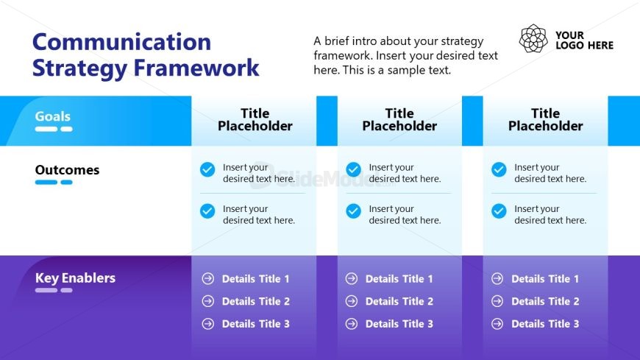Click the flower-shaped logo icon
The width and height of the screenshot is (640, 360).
tap(533, 38)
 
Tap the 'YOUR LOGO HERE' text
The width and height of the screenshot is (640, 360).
tap(584, 40)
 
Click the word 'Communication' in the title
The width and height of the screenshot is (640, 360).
tap(121, 42)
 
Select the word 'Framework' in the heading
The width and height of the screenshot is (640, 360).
tap(196, 68)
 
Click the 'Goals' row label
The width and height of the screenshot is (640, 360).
tap(53, 116)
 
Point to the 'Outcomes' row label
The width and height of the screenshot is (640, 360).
tap(67, 170)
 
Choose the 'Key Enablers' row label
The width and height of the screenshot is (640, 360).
tap(75, 278)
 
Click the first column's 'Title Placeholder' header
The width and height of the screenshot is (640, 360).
tap(255, 119)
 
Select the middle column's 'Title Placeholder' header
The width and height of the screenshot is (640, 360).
tap(399, 119)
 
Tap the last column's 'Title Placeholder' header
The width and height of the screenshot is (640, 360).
tap(545, 119)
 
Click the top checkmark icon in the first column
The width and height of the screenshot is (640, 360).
tap(207, 169)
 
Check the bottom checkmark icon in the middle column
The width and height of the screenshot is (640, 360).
tap(354, 211)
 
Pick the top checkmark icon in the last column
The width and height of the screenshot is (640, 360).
tap(499, 169)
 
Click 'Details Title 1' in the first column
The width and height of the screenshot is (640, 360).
tap(255, 279)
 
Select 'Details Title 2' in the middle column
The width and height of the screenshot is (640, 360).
tap(399, 301)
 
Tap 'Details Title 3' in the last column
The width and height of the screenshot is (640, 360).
tap(545, 324)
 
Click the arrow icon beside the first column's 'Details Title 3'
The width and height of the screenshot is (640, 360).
tap(207, 324)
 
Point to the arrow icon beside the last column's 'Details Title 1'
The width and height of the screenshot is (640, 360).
tap(497, 279)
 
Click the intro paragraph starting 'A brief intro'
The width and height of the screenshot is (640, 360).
tap(405, 56)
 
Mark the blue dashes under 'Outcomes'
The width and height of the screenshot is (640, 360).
tap(54, 182)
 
